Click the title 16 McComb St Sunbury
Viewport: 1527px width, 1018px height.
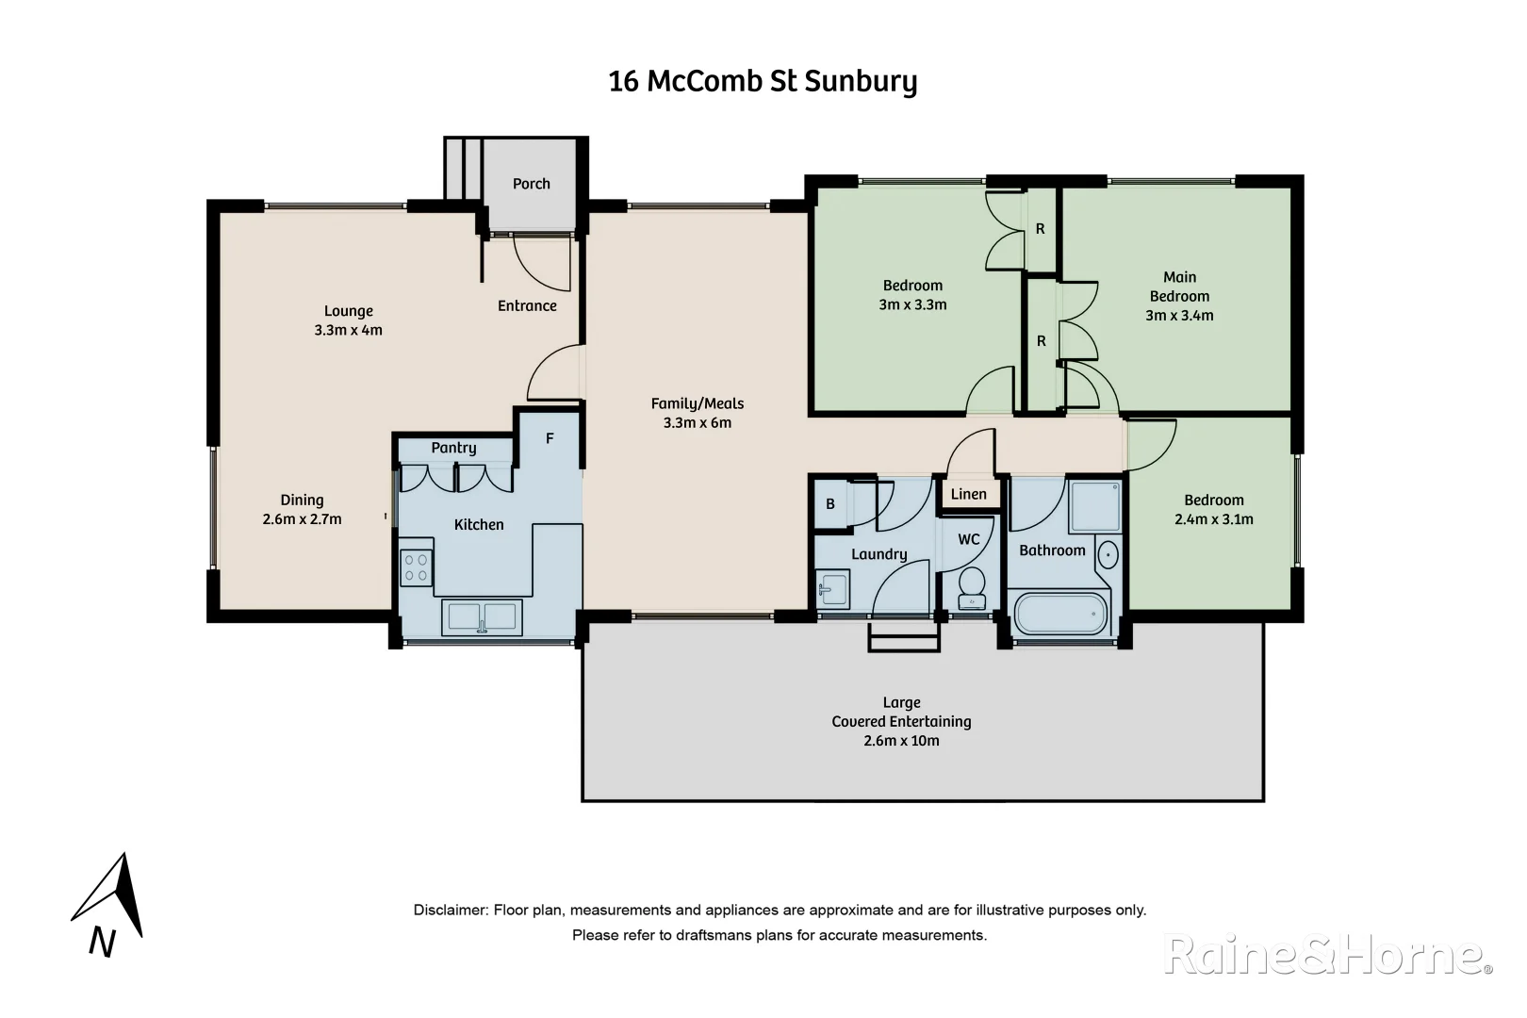(763, 82)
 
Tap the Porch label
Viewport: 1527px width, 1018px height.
(531, 184)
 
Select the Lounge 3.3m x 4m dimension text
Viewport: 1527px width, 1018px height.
(348, 330)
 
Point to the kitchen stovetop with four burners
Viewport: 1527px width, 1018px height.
(416, 567)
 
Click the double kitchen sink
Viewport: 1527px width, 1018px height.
(482, 617)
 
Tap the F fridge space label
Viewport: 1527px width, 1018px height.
(550, 438)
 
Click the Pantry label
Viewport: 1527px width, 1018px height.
(453, 448)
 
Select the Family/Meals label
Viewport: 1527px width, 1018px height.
(697, 403)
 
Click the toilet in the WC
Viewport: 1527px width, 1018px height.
(971, 588)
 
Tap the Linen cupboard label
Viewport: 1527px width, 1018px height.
(968, 494)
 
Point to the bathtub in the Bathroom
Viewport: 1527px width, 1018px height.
(1059, 615)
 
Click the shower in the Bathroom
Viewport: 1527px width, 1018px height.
(1094, 506)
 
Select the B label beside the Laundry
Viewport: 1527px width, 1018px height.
(830, 504)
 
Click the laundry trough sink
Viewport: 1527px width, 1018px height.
(832, 591)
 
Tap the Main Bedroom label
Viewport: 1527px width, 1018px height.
(1179, 287)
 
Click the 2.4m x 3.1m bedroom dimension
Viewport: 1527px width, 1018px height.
(1214, 519)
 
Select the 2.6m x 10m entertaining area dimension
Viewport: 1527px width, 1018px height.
(901, 741)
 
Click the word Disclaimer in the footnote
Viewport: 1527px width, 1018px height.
(450, 911)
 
